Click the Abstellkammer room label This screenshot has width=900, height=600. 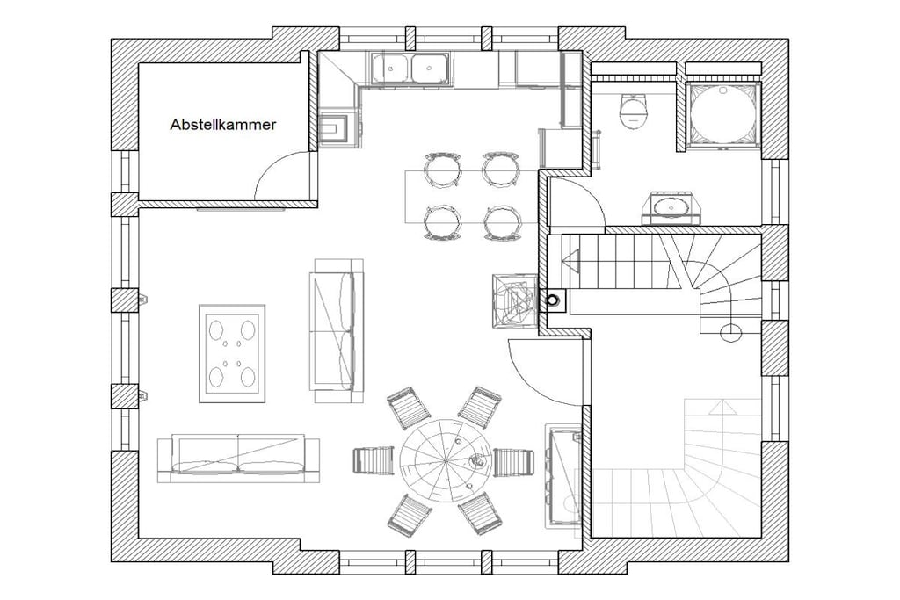[222, 125]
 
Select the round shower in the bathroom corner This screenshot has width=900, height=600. [722, 114]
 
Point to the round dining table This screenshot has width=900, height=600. [446, 460]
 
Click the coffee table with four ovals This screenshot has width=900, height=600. [232, 354]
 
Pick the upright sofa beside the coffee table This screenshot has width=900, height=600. [337, 331]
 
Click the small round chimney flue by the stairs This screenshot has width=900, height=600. [553, 300]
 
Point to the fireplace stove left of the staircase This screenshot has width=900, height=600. [515, 300]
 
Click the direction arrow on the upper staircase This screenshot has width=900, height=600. [571, 261]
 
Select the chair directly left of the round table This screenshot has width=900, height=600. [373, 460]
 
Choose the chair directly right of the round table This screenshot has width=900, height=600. [513, 462]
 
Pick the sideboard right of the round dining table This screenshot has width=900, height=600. [563, 475]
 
